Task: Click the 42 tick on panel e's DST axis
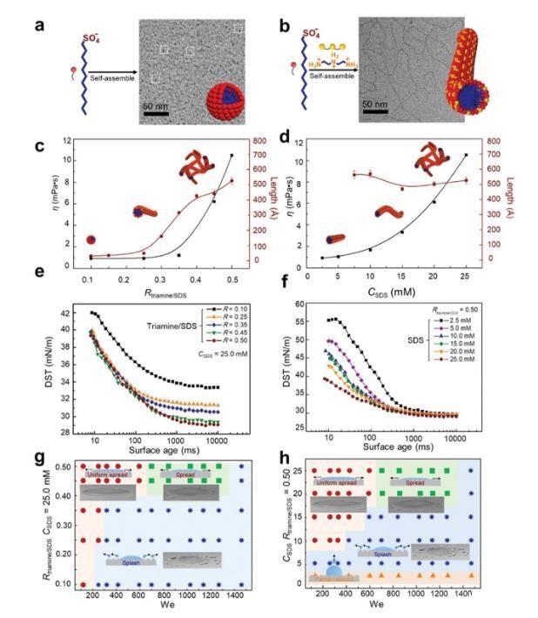click(x=64, y=312)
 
